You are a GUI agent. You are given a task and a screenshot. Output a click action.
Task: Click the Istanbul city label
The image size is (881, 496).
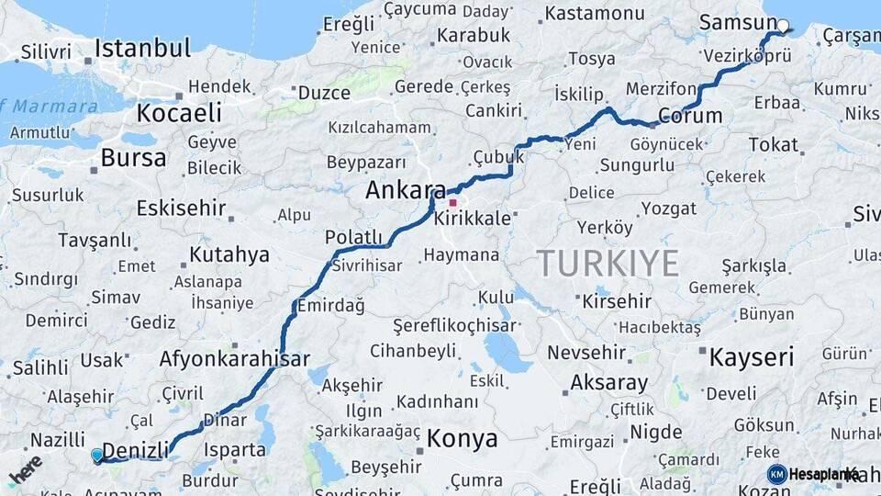pos(142,48)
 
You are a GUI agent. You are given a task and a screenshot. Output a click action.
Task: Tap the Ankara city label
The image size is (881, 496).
pos(405,191)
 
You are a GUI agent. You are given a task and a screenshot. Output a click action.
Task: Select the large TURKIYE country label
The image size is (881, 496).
pos(608,264)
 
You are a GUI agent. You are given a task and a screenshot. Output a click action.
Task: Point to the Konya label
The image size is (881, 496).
pos(463,438)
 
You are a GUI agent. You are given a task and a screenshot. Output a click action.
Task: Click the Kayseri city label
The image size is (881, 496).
pos(752,357)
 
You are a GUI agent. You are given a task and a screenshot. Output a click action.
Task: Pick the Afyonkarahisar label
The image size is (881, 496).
pos(234,358)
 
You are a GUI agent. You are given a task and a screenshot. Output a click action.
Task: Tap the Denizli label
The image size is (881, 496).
pos(136,450)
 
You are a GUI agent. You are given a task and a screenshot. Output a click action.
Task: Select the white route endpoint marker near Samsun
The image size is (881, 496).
pos(783,26)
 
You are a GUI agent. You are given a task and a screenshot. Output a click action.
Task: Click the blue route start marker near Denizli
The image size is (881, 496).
pos(97,454)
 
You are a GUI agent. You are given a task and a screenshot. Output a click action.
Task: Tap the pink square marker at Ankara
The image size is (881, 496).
pos(452,201)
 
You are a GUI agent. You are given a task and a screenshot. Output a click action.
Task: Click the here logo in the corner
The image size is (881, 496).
pos(25,469)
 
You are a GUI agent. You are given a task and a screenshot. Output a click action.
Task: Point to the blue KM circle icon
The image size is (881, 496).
pos(777,474)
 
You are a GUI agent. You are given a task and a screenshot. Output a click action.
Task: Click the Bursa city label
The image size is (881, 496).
pos(133,158)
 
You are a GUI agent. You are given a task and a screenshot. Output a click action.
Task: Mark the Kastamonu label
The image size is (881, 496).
pos(595,14)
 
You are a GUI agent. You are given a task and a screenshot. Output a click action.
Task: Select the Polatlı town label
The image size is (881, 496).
pos(353,238)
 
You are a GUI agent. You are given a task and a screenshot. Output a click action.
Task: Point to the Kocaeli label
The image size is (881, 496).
pos(179,113)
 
